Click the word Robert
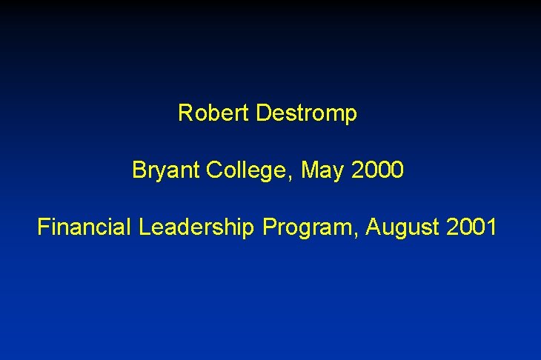tap(213, 113)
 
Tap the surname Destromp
tap(306, 114)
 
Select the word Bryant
tap(166, 171)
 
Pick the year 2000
tap(378, 170)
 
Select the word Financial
tap(84, 227)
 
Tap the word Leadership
tap(197, 227)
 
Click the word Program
tap(311, 227)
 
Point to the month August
tap(405, 227)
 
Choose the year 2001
tap(472, 227)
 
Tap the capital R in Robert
tap(185, 113)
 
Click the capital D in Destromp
tap(262, 113)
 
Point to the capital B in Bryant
tap(139, 170)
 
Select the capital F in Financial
tap(43, 227)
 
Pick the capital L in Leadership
tap(143, 227)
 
